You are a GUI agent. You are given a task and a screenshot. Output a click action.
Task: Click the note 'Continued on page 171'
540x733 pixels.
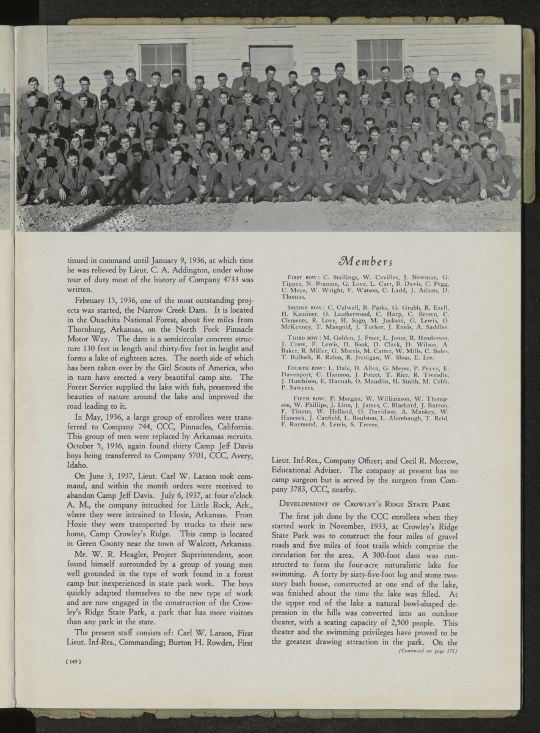pos(427,651)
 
